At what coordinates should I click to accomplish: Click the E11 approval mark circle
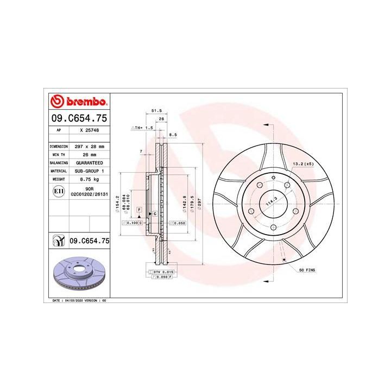pyautogui.click(x=59, y=191)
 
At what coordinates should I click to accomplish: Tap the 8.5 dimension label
pyautogui.click(x=173, y=134)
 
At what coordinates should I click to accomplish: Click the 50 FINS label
pyautogui.click(x=307, y=269)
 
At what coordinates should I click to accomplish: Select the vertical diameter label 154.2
pyautogui.click(x=117, y=205)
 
